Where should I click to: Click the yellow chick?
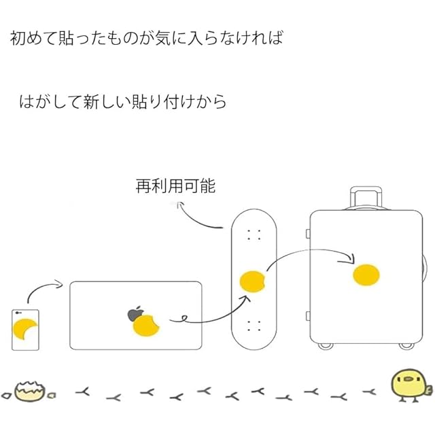click(x=411, y=385)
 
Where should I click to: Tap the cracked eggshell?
click(x=29, y=391)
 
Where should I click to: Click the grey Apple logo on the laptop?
click(x=135, y=314)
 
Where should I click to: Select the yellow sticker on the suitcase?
click(x=366, y=275)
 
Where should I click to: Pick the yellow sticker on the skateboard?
click(x=252, y=281)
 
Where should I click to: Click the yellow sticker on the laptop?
click(x=146, y=326)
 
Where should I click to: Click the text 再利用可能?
click(x=175, y=186)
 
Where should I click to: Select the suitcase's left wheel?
click(x=325, y=345)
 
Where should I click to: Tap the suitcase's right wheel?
click(x=406, y=345)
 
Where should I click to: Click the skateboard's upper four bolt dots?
click(x=254, y=234)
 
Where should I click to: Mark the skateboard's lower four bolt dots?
click(x=254, y=326)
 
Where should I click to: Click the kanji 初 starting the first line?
click(x=18, y=38)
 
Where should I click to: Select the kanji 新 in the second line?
click(x=91, y=101)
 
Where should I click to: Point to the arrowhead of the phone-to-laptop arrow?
click(x=59, y=284)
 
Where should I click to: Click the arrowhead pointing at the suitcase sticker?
click(x=350, y=259)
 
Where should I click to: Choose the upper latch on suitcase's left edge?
click(x=308, y=233)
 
